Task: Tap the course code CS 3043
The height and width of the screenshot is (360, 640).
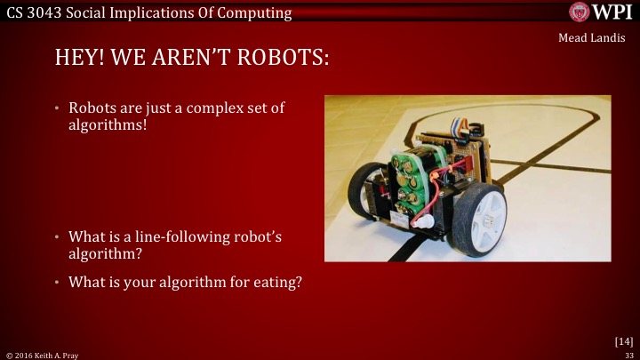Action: pyautogui.click(x=34, y=12)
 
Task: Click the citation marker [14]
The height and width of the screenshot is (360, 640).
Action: pyautogui.click(x=623, y=340)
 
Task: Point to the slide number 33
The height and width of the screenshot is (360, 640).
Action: pyautogui.click(x=628, y=354)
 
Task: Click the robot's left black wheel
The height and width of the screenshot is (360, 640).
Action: pyautogui.click(x=366, y=189)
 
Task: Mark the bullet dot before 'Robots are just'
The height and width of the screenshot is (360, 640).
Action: pyautogui.click(x=57, y=109)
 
